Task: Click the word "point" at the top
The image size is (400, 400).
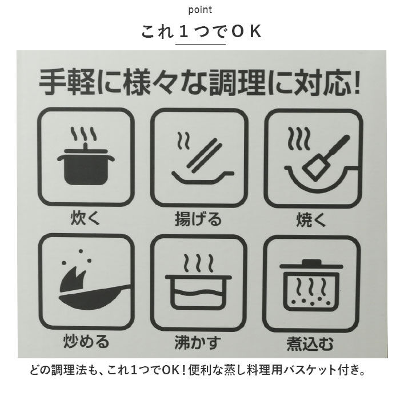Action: [199, 10]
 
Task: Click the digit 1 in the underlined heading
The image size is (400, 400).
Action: [183, 32]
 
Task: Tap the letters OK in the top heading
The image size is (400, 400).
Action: [246, 32]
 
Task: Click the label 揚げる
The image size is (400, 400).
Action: [198, 219]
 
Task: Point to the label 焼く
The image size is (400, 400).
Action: [311, 219]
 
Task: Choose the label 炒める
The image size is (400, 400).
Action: [85, 342]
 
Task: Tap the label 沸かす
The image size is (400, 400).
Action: [198, 343]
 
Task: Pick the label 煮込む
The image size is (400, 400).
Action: [311, 343]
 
